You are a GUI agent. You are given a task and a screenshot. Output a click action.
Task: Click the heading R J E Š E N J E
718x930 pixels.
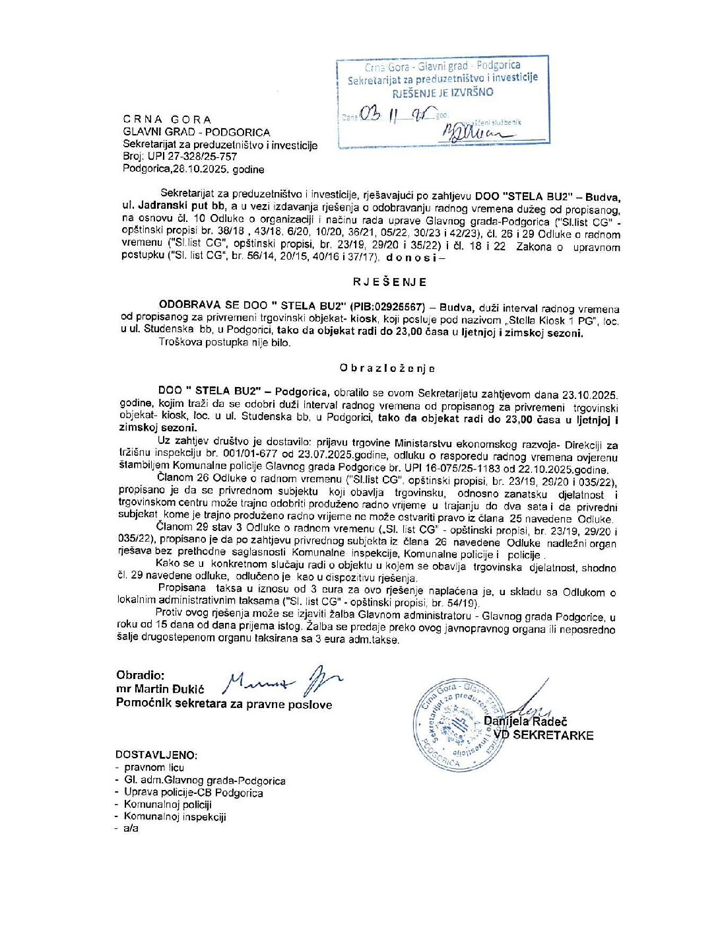pos(389,281)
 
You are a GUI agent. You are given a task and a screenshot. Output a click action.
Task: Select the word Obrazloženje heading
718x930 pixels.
pos(387,368)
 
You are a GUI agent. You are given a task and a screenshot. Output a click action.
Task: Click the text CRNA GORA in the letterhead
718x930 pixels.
pos(167,120)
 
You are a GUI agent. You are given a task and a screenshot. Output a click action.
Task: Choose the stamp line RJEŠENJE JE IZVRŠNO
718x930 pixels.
pos(443,92)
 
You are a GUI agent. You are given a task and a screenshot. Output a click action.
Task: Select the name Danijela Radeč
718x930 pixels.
pos(526,722)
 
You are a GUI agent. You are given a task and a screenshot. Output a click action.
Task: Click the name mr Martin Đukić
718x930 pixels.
pos(160,690)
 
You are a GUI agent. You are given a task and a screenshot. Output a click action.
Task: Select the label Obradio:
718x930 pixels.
pos(140,675)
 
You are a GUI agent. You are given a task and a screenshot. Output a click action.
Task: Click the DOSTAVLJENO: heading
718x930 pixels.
pos(156,754)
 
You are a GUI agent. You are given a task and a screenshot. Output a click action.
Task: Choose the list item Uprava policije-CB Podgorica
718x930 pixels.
pos(193,793)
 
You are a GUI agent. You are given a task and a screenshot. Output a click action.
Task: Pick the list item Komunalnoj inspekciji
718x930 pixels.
pos(175,816)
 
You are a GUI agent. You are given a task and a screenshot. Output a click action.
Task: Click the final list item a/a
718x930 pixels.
pos(131,828)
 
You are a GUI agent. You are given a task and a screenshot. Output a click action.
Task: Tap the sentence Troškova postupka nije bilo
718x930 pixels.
pos(224,343)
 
